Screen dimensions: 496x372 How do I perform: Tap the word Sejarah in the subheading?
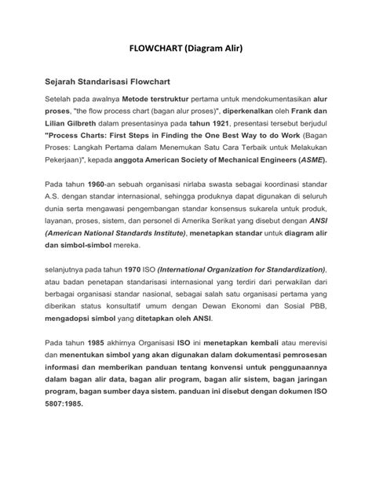[56, 80]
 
